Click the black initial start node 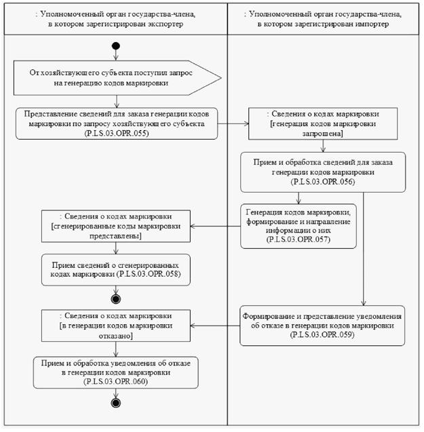pyautogui.click(x=117, y=47)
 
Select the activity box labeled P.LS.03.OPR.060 pyautogui.click(x=115, y=372)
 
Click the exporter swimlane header pyautogui.click(x=115, y=18)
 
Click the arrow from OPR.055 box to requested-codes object pyautogui.click(x=233, y=124)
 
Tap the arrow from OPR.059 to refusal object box pyautogui.click(x=216, y=326)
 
